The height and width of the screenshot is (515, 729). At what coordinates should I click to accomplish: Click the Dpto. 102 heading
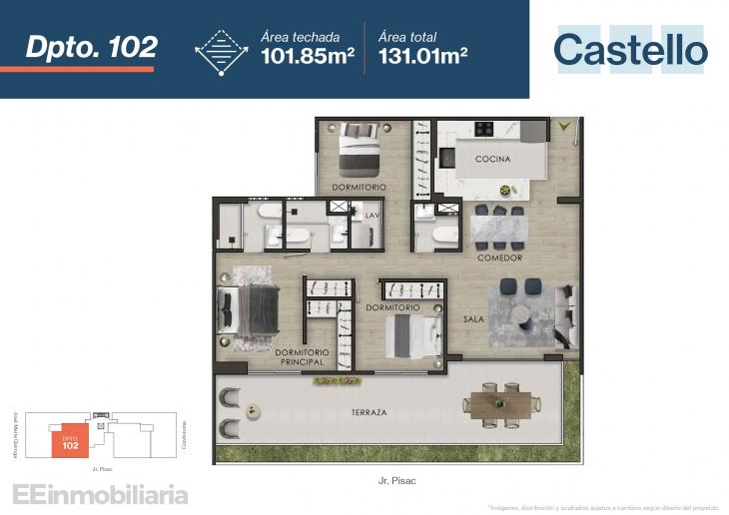(91, 47)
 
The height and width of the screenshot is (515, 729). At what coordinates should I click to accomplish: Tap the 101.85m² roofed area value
(308, 56)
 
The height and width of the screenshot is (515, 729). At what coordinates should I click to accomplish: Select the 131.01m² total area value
(424, 56)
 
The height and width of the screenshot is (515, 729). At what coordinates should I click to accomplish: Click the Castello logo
(630, 49)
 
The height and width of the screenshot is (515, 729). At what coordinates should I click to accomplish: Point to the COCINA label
(492, 159)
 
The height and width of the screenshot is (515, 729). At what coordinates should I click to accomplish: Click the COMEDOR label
(500, 257)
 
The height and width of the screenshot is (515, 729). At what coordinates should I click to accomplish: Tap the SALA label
(473, 319)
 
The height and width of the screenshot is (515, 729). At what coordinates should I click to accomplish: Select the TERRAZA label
(341, 412)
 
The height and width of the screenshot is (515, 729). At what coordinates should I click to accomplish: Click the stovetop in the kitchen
(485, 128)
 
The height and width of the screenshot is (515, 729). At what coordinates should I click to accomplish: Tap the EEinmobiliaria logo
(99, 493)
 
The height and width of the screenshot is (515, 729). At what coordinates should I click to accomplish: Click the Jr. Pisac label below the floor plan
(397, 481)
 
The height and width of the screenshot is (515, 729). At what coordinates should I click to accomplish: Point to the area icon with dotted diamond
(222, 50)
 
